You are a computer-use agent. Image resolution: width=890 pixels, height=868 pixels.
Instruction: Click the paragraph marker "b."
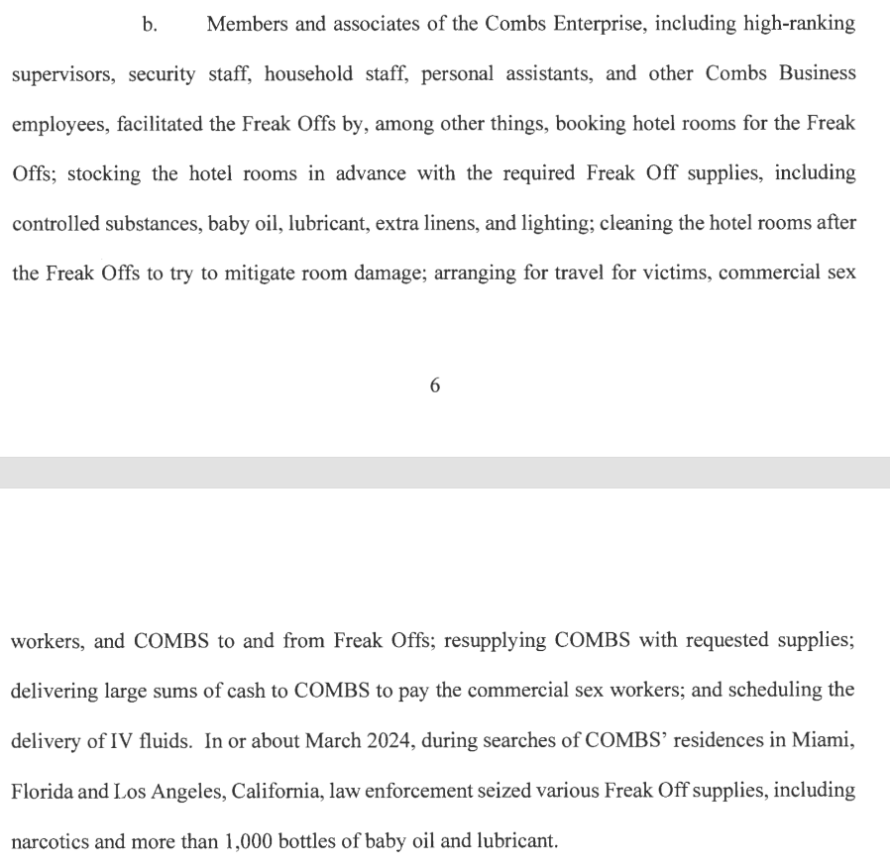150,25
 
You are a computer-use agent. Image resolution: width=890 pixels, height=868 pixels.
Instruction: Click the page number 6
434,386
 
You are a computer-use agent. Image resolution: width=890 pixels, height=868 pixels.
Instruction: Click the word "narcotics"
50,842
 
